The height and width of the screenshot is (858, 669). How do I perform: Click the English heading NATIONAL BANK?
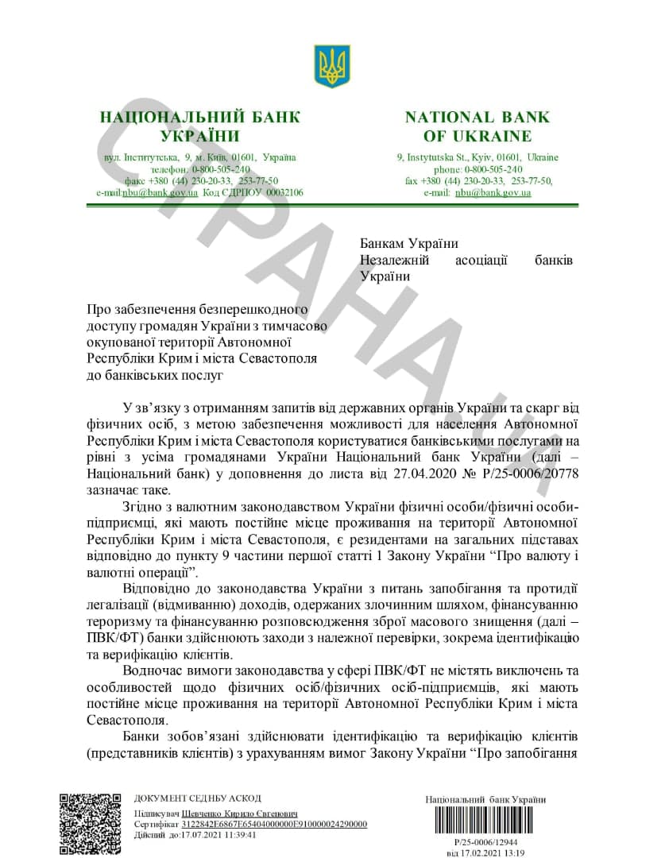pyautogui.click(x=478, y=118)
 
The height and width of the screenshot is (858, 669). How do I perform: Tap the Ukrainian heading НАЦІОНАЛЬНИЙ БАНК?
pyautogui.click(x=200, y=118)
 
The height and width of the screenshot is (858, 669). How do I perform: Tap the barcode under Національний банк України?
pyautogui.click(x=485, y=821)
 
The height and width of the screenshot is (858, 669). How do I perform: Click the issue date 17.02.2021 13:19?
pyautogui.click(x=485, y=852)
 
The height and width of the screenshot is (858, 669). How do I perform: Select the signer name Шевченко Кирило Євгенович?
pyautogui.click(x=240, y=814)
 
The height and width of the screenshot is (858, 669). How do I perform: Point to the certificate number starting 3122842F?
pyautogui.click(x=274, y=825)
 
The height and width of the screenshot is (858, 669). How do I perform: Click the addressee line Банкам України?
pyautogui.click(x=409, y=243)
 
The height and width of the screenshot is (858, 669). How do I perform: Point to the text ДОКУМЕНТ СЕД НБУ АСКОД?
pyautogui.click(x=197, y=798)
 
